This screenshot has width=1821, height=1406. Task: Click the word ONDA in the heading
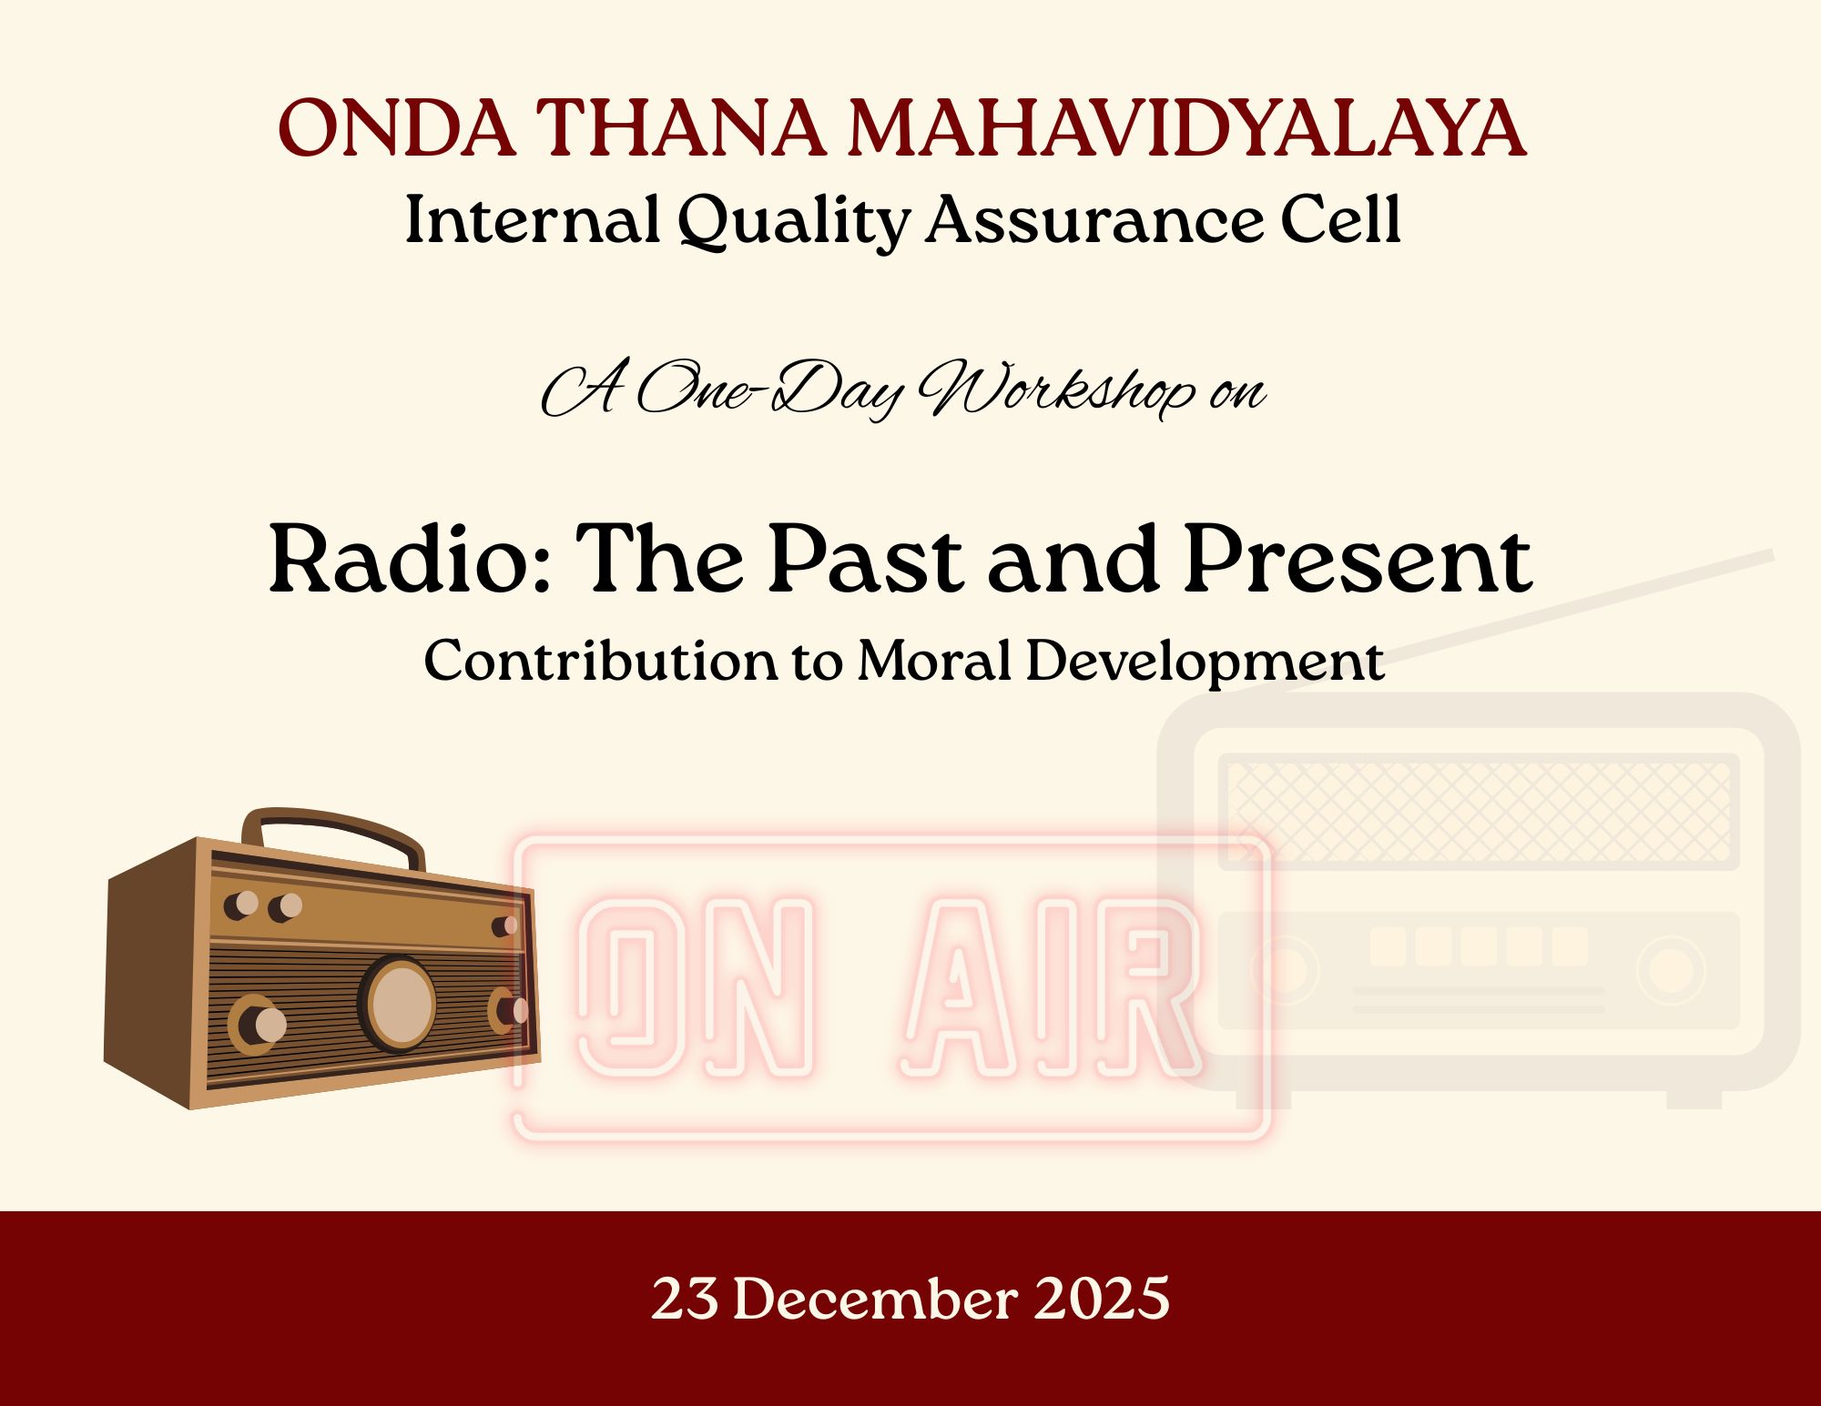397,128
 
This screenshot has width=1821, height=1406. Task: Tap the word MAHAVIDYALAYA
1186,128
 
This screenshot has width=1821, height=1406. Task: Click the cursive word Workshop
1056,389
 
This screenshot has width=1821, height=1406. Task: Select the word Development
1206,663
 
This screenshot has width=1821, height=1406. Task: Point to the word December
875,1298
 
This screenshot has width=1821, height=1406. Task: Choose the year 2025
1102,1298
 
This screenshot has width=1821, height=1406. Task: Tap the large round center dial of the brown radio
398,1004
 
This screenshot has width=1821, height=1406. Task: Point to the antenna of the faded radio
1530,621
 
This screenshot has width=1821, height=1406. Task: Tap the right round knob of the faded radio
1671,970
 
